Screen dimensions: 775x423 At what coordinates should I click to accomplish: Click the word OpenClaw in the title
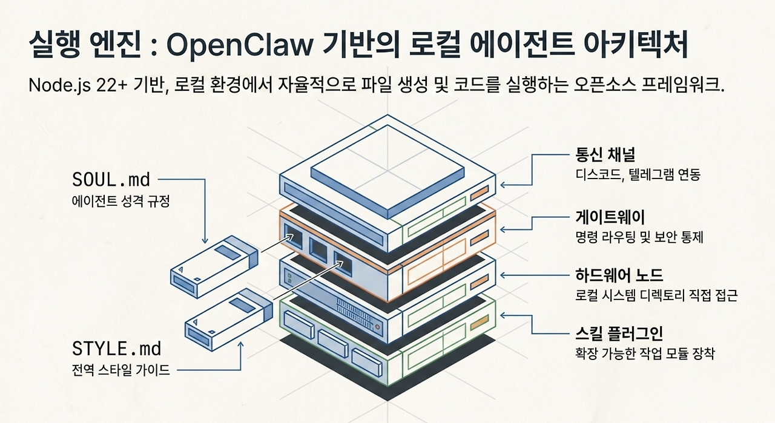(x=239, y=45)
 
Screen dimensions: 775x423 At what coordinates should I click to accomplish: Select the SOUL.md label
(x=111, y=180)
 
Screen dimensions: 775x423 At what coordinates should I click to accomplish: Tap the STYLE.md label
(x=117, y=349)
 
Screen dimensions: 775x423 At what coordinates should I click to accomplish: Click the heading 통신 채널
(x=605, y=154)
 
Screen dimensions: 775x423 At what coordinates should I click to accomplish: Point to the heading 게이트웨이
(x=610, y=217)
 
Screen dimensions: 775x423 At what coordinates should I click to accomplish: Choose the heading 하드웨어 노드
(x=619, y=275)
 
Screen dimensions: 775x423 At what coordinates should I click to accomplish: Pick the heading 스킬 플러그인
(x=619, y=333)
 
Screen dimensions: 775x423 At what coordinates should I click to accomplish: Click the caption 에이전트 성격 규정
(x=120, y=201)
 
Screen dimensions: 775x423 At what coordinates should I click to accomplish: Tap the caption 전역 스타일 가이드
(x=120, y=370)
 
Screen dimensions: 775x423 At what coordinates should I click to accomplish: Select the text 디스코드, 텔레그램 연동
(x=638, y=175)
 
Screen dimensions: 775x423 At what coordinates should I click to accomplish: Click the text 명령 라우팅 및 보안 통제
(x=639, y=237)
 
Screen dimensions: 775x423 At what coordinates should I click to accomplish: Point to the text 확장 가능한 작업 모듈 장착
(x=645, y=353)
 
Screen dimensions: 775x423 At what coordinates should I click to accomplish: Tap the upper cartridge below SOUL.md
(x=214, y=267)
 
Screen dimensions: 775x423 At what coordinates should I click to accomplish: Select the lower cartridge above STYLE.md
(x=229, y=320)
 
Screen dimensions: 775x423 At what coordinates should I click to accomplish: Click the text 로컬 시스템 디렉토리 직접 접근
(x=656, y=295)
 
